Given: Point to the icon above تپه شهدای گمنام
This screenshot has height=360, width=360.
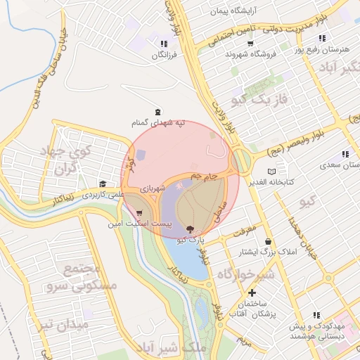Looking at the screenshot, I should pyautogui.click(x=156, y=111).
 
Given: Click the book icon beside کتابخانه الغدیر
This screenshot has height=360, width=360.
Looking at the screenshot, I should pyautogui.click(x=272, y=171).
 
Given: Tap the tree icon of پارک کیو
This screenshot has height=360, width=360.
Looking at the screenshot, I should pyautogui.click(x=190, y=229).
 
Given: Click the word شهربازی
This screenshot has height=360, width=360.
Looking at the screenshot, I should pyautogui.click(x=153, y=188).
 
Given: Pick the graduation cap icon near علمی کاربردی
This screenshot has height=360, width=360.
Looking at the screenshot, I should pyautogui.click(x=103, y=184).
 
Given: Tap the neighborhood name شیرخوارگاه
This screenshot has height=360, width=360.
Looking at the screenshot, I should pyautogui.click(x=245, y=274).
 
